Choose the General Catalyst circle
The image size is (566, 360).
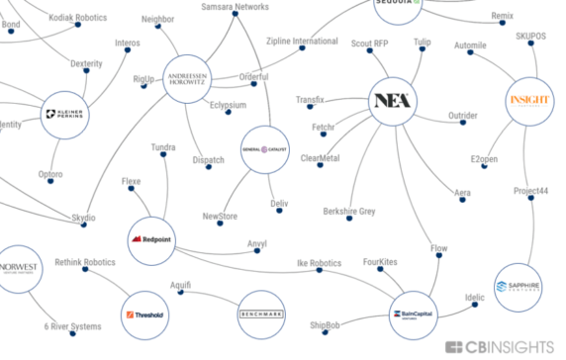[x=262, y=149]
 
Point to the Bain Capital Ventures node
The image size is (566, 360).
[x=417, y=315]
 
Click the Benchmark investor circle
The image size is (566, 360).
[x=261, y=315]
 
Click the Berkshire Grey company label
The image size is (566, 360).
[x=349, y=212]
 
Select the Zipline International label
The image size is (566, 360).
[x=302, y=42]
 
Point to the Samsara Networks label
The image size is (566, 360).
[x=235, y=7]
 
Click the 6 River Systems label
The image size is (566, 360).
[x=72, y=327]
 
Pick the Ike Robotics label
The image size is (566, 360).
[x=320, y=263]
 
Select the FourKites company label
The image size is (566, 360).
[x=380, y=263]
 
